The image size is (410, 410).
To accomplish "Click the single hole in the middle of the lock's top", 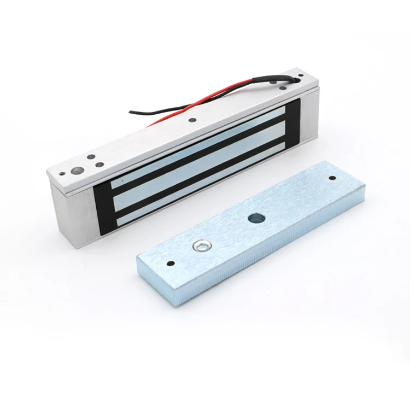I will [193, 120].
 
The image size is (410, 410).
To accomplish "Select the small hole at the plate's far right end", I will [331, 178].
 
